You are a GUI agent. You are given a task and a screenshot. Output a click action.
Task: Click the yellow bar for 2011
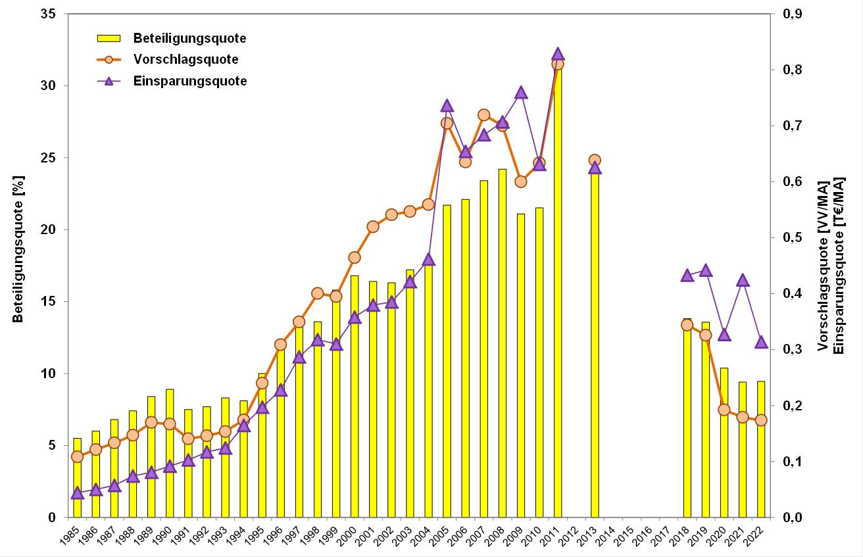coord(558,296)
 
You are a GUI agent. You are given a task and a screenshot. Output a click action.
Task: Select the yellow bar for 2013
coord(595,342)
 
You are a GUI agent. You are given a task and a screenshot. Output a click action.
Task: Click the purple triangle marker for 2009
coord(521,93)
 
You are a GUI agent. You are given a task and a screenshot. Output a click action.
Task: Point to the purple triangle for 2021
coord(743,280)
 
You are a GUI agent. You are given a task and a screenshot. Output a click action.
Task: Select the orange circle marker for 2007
coord(484,115)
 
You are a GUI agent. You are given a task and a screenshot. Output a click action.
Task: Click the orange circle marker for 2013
coord(595,160)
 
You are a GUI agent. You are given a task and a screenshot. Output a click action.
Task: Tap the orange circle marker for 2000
coord(355,257)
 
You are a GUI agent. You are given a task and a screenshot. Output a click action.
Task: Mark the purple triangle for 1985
coord(77,493)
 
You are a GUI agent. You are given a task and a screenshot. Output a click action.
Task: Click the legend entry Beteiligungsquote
coord(189,38)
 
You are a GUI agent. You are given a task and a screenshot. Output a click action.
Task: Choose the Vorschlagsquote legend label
coord(185,59)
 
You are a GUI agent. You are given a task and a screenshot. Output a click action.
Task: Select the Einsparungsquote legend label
coord(190,81)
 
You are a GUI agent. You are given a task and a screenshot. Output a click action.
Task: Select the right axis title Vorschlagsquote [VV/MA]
coord(824,266)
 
